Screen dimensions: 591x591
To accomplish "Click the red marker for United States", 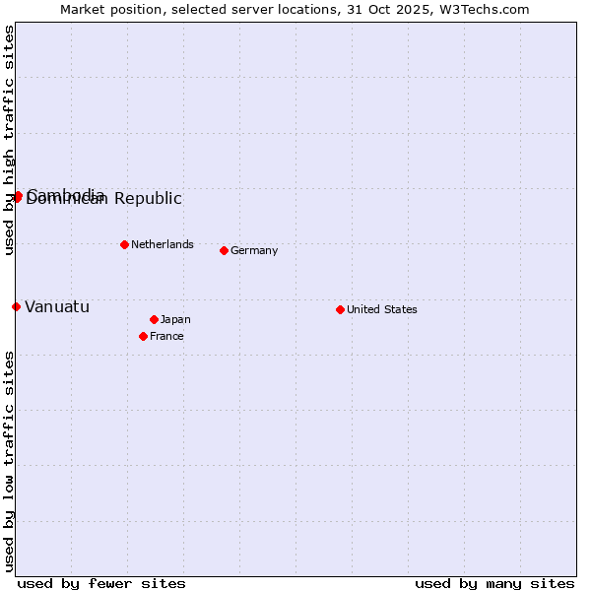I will tap(340, 309).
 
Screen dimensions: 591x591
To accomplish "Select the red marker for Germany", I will tap(224, 250).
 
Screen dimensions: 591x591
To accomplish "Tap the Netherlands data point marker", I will tap(124, 244).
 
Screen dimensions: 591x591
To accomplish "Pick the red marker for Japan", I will tap(154, 319).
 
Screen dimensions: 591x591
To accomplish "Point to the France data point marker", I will tap(143, 336).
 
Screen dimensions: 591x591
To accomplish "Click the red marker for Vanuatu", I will tap(16, 306).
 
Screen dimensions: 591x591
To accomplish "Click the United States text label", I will tap(381, 309).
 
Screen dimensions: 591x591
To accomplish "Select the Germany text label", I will tap(254, 250).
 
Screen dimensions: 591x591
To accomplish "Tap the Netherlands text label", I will tap(162, 244).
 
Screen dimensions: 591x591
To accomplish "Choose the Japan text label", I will tap(175, 319).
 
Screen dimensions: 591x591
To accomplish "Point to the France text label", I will tap(166, 336).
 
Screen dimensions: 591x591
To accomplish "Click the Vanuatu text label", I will tap(57, 306).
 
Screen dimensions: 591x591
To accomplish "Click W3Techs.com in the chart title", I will tap(483, 9).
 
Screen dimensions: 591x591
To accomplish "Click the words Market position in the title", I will tap(107, 9).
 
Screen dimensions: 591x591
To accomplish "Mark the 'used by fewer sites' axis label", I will tap(101, 583).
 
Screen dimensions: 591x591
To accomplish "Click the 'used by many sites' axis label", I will tap(494, 583).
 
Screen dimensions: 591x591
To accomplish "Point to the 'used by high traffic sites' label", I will tap(9, 141).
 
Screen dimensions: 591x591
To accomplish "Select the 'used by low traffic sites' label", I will tap(9, 461).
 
